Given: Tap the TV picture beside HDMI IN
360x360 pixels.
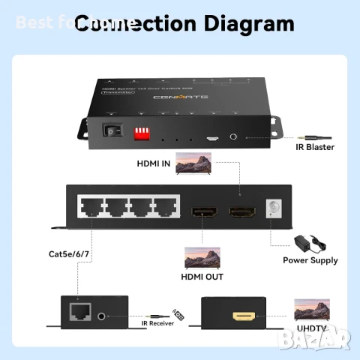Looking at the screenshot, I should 193,164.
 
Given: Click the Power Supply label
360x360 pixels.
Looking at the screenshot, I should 310,260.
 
